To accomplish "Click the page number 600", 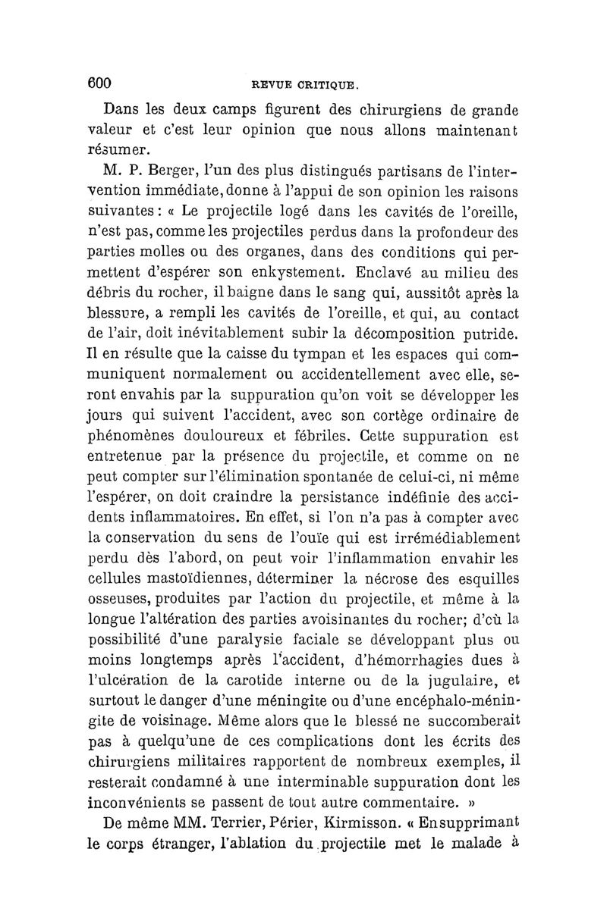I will tap(100, 81).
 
